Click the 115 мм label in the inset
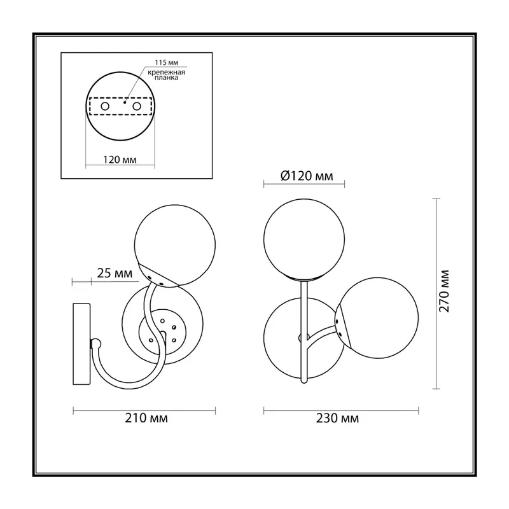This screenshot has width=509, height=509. pos(166,62)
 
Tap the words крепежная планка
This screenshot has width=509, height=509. pos(166,75)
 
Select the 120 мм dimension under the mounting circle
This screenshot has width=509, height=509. pos(120,160)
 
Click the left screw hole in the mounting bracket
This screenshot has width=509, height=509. pos(105,106)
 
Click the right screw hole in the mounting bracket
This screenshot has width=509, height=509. pos(137,106)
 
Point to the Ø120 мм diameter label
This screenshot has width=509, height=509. pos(307,176)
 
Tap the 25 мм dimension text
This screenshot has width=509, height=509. pos(115,274)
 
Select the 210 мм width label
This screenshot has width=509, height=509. pos(146,418)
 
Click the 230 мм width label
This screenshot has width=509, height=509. pos(338,418)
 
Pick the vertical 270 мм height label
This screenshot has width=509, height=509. pos(443,291)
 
